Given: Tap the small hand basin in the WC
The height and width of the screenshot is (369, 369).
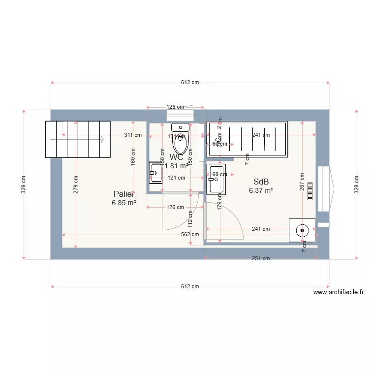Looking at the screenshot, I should point(156,173).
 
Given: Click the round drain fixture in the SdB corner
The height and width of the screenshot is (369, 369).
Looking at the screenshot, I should point(302,230).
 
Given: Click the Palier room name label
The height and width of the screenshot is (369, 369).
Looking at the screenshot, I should point(123,194).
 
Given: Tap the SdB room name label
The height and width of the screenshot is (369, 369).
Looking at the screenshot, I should point(261,182).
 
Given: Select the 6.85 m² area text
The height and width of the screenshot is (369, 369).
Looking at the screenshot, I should point(123,203).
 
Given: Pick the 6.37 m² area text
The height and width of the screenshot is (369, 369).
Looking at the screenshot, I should point(261,190).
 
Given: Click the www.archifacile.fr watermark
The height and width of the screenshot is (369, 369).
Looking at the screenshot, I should point(338,292).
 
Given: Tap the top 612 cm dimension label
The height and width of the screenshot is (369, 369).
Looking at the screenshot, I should point(190,83).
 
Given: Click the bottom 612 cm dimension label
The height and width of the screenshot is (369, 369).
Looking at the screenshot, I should point(190,286).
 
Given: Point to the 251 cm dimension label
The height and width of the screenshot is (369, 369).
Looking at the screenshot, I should point(261,258).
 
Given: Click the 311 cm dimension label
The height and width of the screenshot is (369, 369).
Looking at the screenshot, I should point(132,135).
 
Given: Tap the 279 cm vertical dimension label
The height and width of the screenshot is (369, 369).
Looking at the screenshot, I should point(76,184).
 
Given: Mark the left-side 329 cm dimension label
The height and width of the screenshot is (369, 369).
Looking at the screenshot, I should point(24,184).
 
